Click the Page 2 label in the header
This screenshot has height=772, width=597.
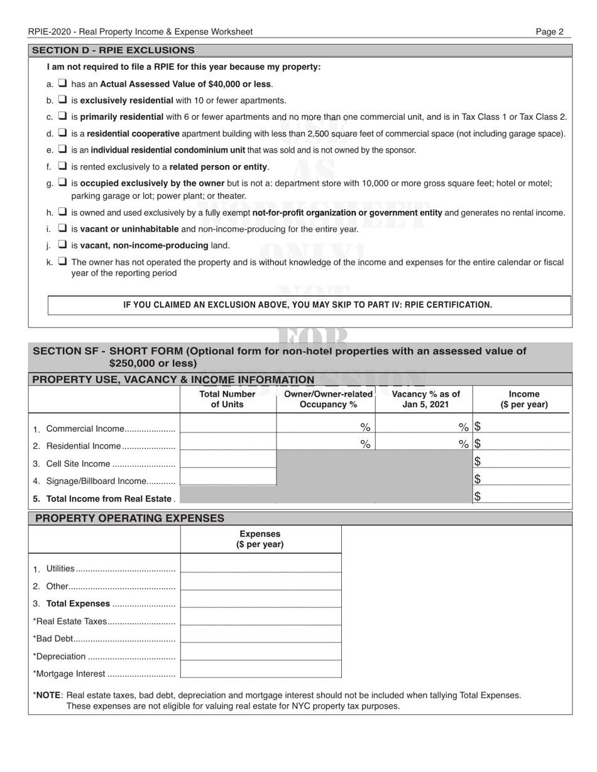549,31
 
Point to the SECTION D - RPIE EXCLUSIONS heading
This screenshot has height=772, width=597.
113,50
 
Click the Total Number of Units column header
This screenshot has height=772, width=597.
227,399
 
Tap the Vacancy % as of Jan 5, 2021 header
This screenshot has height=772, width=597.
425,399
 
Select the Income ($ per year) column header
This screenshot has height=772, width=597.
523,399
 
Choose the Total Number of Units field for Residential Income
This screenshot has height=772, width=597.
228,444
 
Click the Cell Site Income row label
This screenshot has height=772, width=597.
79,464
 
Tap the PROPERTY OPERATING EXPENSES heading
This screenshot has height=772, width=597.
129,518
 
